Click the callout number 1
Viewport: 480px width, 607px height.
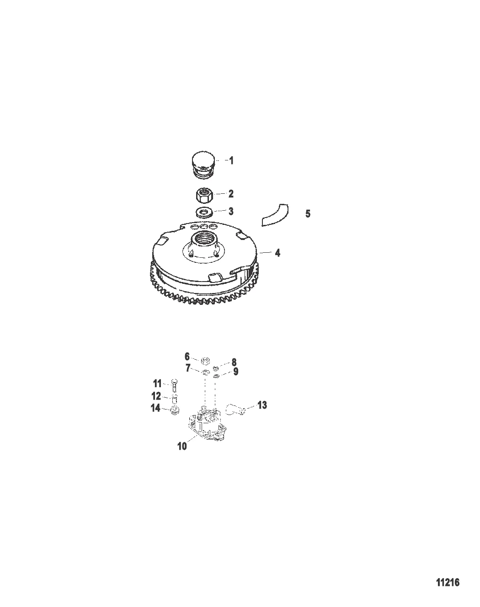231,160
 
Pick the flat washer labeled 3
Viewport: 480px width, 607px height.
204,212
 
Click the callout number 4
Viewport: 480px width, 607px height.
277,253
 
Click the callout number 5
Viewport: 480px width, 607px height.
308,213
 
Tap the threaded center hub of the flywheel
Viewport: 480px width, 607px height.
204,241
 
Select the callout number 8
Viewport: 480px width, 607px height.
234,362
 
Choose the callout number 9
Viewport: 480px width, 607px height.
235,372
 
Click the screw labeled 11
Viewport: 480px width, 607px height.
174,385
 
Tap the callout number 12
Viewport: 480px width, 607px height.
156,396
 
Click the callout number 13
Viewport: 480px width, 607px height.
262,405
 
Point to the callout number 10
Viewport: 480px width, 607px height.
182,446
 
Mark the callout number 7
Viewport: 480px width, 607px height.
188,368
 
